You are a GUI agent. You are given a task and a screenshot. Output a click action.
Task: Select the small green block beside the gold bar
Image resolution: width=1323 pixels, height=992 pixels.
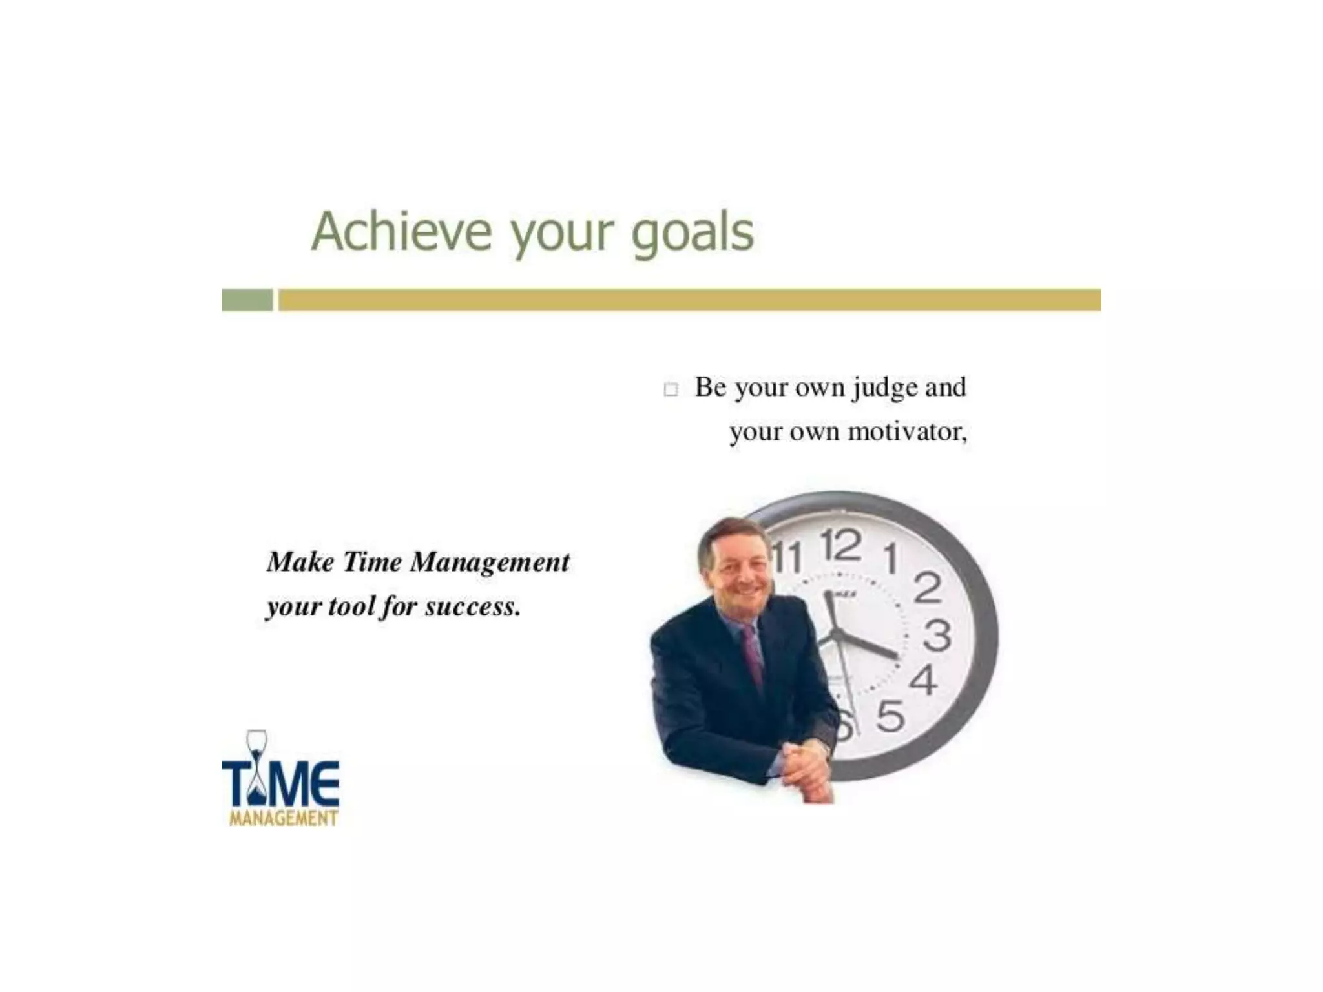(247, 300)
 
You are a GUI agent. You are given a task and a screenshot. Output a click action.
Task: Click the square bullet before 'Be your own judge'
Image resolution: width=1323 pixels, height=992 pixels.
(671, 389)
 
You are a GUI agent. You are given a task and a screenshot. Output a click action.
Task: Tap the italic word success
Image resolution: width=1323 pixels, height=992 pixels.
(472, 606)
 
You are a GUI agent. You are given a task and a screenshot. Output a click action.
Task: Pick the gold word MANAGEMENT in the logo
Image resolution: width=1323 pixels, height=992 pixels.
(284, 818)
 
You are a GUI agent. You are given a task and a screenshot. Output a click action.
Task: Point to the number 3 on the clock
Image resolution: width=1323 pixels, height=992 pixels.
(937, 635)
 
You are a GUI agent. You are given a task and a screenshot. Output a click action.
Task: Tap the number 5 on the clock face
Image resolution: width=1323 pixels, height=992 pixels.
(890, 716)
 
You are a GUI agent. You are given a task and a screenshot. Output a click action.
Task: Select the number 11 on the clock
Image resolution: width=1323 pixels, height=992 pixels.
(787, 557)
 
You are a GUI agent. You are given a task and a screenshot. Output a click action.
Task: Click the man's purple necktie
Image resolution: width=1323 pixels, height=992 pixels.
(753, 652)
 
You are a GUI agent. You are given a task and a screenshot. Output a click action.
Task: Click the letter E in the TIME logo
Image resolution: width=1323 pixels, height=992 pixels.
(324, 782)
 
